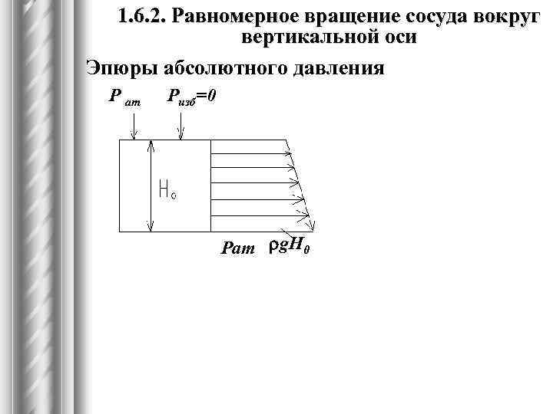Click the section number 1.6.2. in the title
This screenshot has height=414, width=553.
(x=144, y=18)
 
